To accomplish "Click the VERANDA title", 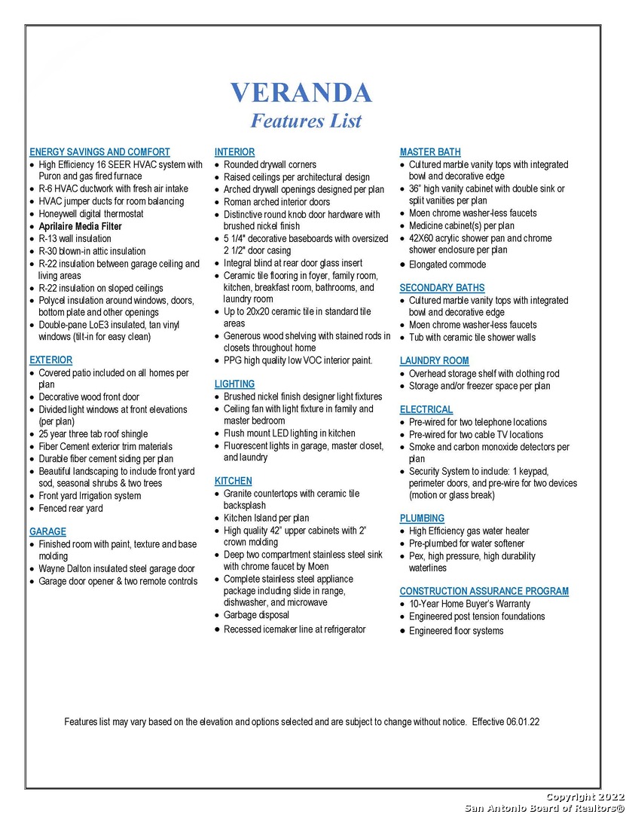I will [x=301, y=92].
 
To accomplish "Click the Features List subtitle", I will [x=306, y=121].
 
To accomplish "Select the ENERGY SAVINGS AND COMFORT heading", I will [x=99, y=151].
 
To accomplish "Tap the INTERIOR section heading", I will [x=234, y=151].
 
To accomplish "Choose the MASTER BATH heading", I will [x=430, y=151].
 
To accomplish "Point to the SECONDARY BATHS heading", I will [x=441, y=288].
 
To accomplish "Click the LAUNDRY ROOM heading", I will [x=434, y=361].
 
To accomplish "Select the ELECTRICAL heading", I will [x=426, y=410].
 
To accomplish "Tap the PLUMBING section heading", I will [x=422, y=519].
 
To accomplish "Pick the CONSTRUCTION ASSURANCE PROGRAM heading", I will [x=484, y=592].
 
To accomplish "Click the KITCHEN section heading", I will [x=234, y=481].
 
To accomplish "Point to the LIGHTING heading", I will [x=234, y=384].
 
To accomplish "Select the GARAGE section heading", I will [x=47, y=531].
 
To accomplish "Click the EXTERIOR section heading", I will [x=50, y=360].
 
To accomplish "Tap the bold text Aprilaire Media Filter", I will [x=80, y=226].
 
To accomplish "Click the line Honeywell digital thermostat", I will [x=91, y=214].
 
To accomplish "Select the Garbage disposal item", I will [x=256, y=615].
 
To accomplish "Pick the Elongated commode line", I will [x=447, y=265].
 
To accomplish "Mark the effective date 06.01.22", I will [x=523, y=721].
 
